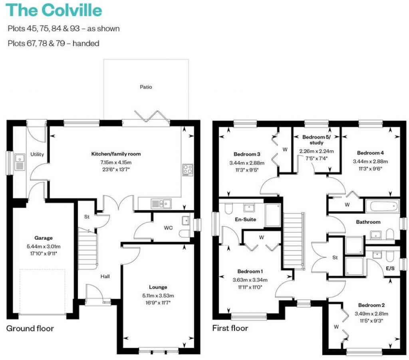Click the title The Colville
pyautogui.click(x=54, y=10)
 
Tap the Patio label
pyautogui.click(x=146, y=87)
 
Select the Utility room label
pyautogui.click(x=37, y=154)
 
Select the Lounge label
pyautogui.click(x=158, y=287)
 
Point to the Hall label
pyautogui.click(x=105, y=276)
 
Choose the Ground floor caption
pyautogui.click(x=30, y=328)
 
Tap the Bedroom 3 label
pyautogui.click(x=244, y=154)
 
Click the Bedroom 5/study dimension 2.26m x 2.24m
pyautogui.click(x=316, y=151)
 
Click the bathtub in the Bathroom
pyautogui.click(x=382, y=206)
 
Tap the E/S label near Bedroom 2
pyautogui.click(x=389, y=268)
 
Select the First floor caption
pyautogui.click(x=230, y=328)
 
